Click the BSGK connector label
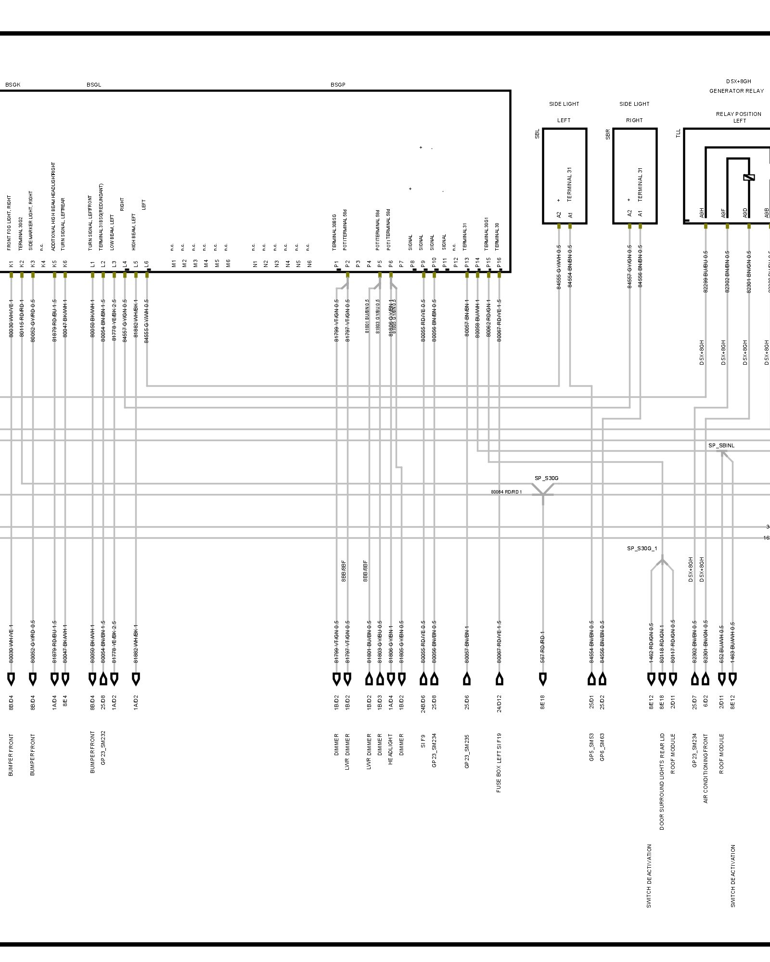pyautogui.click(x=13, y=85)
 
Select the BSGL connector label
pyautogui.click(x=94, y=85)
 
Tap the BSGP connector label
pyautogui.click(x=338, y=85)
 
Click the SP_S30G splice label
pyautogui.click(x=546, y=478)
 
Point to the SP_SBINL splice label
pyautogui.click(x=721, y=445)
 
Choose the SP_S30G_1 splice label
pyautogui.click(x=642, y=548)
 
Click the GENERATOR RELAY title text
pyautogui.click(x=736, y=91)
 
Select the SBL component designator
pyautogui.click(x=537, y=134)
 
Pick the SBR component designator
pyautogui.click(x=608, y=134)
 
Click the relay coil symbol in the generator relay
pyautogui.click(x=749, y=177)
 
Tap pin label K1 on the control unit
pyautogui.click(x=11, y=264)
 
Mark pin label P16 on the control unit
pyautogui.click(x=499, y=263)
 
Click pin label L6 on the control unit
pyautogui.click(x=146, y=264)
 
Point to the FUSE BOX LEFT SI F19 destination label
pyautogui.click(x=499, y=762)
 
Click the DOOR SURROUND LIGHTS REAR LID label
pyautogui.click(x=662, y=782)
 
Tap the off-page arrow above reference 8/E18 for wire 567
pyautogui.click(x=543, y=679)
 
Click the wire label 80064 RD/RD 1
pyautogui.click(x=506, y=492)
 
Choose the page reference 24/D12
pyautogui.click(x=499, y=703)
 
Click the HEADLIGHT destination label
pyautogui.click(x=391, y=749)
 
